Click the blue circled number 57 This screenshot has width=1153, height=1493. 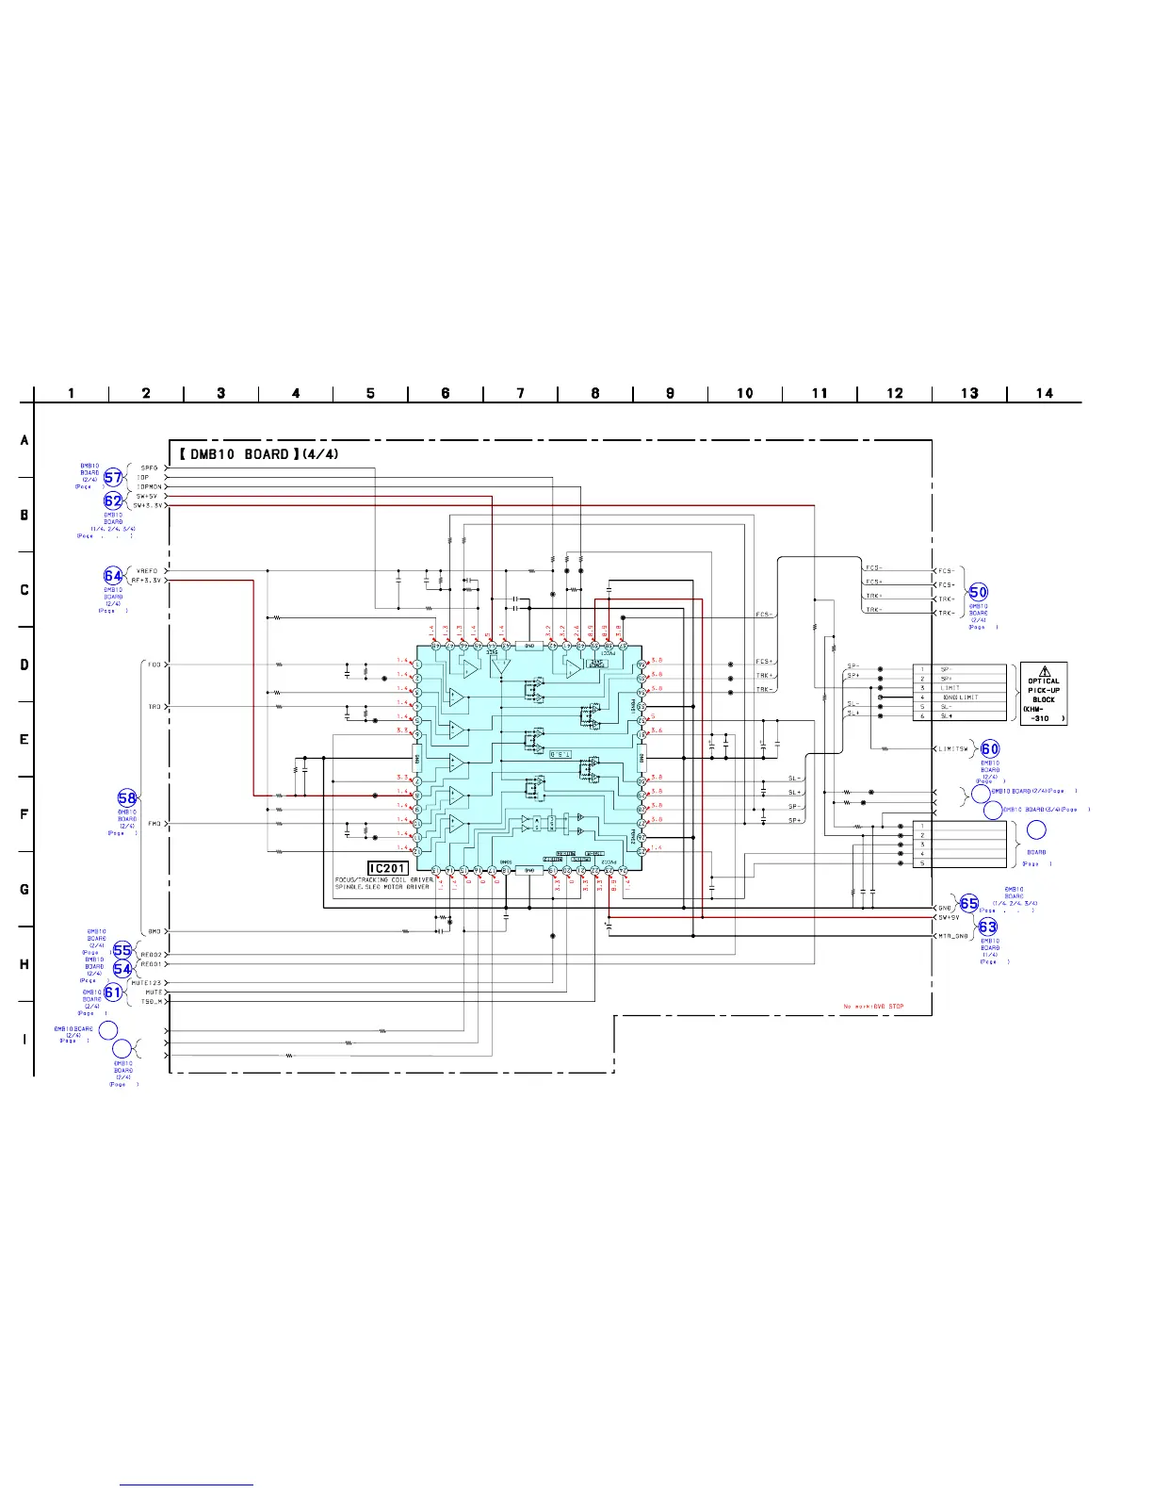point(113,478)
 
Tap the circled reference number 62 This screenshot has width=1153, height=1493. point(113,500)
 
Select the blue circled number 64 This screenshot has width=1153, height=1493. point(113,576)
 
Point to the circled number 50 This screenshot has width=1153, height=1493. point(979,592)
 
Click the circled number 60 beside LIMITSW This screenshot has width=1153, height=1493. point(990,749)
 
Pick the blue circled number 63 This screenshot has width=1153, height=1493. point(987,927)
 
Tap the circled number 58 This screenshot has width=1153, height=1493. point(127,799)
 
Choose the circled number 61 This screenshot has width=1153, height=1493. point(113,992)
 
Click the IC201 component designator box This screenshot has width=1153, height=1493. point(387,869)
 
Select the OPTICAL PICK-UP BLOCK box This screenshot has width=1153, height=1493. point(1044,693)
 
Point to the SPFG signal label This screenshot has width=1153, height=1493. point(150,468)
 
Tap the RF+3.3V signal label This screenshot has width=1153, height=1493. point(147,581)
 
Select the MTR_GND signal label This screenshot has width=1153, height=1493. point(952,936)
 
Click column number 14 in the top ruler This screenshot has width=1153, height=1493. point(1044,393)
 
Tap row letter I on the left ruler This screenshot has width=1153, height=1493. point(24,1040)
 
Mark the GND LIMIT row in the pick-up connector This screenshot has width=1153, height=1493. point(960,697)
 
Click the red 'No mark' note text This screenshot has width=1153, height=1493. point(873,1007)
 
